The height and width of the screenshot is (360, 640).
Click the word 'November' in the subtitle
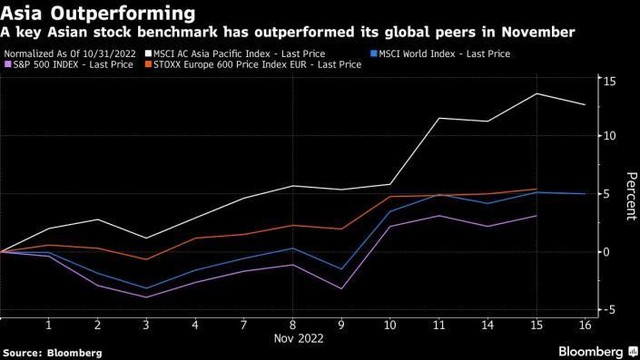(x=537, y=32)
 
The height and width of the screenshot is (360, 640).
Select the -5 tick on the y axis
(x=605, y=311)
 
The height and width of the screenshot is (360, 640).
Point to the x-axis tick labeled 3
(x=147, y=326)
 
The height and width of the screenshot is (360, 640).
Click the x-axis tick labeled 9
(x=340, y=326)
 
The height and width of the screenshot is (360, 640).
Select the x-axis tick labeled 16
(x=584, y=326)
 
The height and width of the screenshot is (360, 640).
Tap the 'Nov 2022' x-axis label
(x=292, y=340)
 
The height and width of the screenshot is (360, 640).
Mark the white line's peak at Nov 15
(x=536, y=94)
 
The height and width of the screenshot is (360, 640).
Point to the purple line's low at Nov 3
(x=147, y=297)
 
